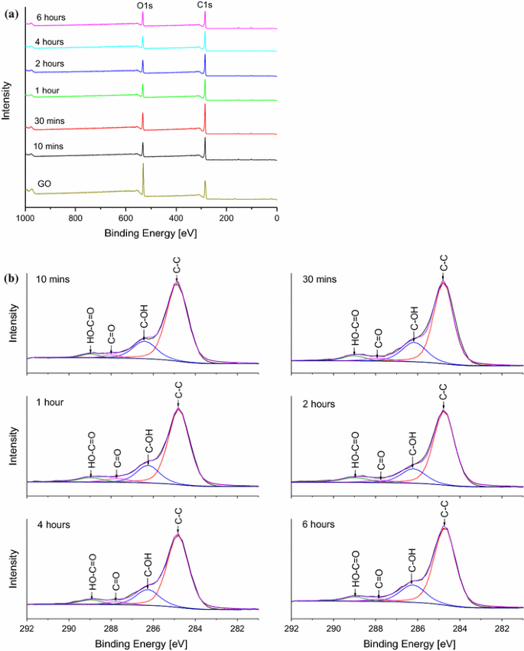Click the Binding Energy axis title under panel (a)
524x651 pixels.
tap(151, 232)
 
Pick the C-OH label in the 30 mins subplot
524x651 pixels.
tap(414, 319)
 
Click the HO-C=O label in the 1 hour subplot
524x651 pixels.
tap(91, 450)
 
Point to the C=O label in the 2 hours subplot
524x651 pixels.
tap(381, 464)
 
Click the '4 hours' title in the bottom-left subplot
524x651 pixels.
tap(53, 525)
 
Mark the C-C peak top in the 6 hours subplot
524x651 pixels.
tap(444, 527)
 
